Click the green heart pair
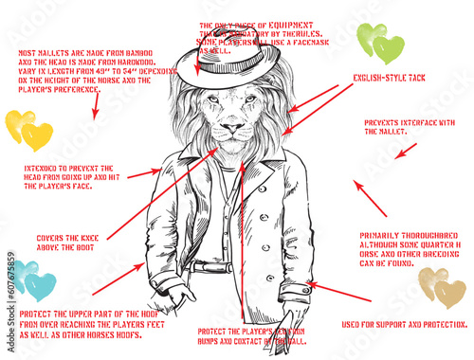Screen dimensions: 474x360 point(378,43)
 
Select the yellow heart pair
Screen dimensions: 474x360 point(28,130)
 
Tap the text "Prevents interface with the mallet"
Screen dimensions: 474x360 point(410,127)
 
